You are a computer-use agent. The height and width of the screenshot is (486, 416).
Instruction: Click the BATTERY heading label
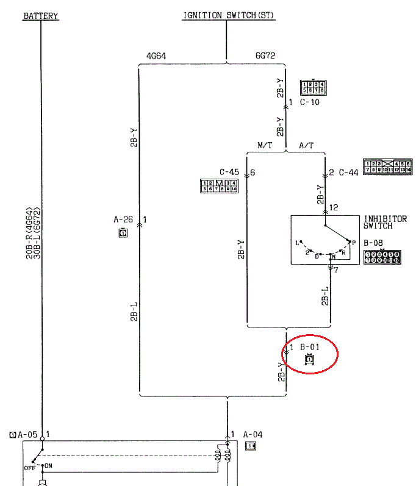pos(41,16)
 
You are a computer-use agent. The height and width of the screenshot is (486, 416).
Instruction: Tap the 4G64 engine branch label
pos(156,56)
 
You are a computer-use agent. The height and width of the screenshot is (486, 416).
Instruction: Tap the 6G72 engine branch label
pos(265,56)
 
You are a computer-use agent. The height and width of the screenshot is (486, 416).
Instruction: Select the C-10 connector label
pos(309,102)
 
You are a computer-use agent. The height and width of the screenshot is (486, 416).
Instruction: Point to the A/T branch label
pos(306,146)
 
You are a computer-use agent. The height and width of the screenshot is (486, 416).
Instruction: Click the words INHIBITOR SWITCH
pos(385,223)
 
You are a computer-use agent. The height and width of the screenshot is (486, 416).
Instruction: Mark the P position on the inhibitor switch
pos(354,242)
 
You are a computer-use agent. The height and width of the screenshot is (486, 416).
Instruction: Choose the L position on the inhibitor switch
pos(297,243)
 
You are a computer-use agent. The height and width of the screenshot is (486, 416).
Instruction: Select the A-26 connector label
pos(123,219)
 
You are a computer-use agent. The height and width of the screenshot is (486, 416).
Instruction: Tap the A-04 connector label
pos(253,435)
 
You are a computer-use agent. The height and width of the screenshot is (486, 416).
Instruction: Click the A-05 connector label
pos(27,435)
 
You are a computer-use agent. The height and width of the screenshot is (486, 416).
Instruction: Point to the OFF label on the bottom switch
pos(29,468)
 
